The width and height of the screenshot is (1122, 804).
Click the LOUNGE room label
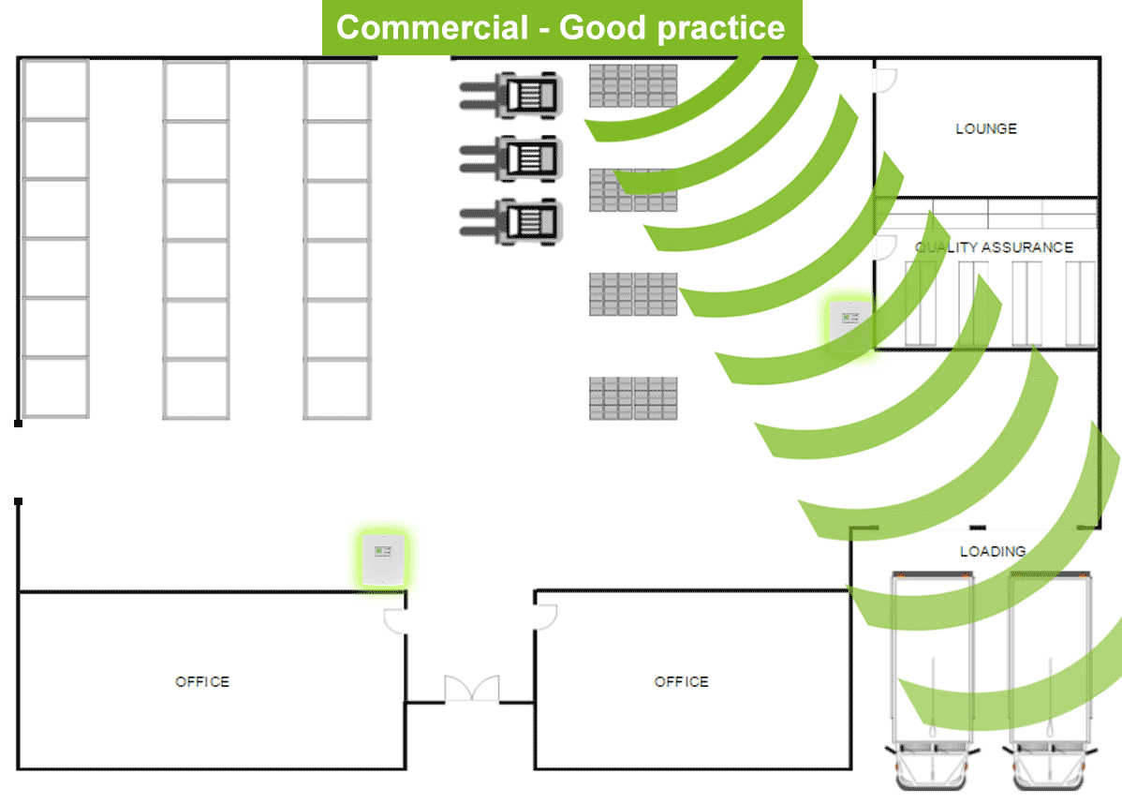[x=985, y=128]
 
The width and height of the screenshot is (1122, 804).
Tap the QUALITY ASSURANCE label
[x=994, y=247]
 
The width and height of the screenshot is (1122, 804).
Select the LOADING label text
[x=993, y=552]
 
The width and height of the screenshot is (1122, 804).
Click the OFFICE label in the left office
[x=202, y=681]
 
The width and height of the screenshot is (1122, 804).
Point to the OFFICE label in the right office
[x=681, y=681]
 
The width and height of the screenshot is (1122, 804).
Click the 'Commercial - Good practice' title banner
[x=560, y=28]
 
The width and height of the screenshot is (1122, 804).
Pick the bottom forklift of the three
[x=512, y=221]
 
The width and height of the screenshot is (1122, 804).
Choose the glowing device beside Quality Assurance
[x=849, y=324]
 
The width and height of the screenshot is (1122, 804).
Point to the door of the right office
[x=545, y=616]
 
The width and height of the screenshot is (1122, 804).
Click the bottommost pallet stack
[x=633, y=398]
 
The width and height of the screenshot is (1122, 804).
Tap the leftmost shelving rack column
[x=55, y=239]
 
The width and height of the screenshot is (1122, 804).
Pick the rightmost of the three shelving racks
[x=337, y=239]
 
